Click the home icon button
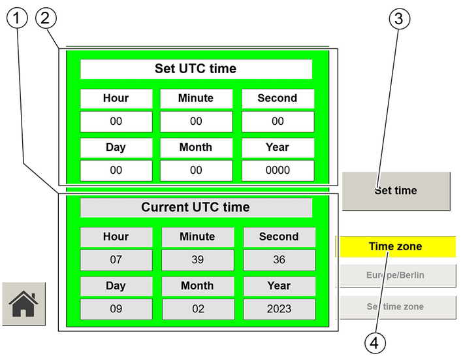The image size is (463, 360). click(24, 304)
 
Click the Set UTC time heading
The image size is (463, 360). click(196, 69)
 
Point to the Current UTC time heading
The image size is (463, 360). click(196, 207)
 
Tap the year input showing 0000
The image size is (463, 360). click(278, 171)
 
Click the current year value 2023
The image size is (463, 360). click(279, 309)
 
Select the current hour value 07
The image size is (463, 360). click(116, 260)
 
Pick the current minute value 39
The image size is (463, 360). click(198, 260)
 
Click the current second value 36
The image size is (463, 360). click(279, 260)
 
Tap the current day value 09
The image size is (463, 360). click(116, 309)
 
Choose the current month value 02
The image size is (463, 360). click(198, 309)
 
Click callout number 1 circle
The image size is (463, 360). click(17, 18)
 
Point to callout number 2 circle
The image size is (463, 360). click(46, 18)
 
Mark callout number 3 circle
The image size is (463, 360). click(399, 19)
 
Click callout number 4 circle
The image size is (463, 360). click(375, 343)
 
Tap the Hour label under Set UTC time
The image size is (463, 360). click(116, 99)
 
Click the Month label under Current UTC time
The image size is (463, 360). click(198, 286)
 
